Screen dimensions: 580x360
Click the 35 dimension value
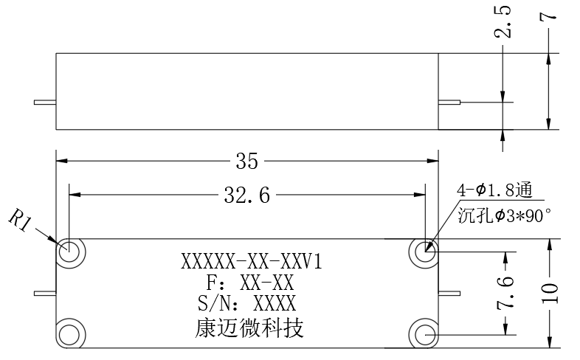point(247,161)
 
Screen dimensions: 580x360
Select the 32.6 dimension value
point(247,195)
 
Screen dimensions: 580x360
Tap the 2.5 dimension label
point(503,21)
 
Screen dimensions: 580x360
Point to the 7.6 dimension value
point(505,293)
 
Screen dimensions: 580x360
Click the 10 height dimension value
point(550,293)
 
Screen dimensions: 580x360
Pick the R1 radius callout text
point(18,221)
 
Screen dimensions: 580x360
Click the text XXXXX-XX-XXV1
point(252,262)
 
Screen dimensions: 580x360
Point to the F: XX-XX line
point(250,283)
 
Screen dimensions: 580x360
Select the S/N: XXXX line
point(247,303)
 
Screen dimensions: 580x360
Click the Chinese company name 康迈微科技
point(249,328)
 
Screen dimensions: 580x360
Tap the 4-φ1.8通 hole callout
point(495,191)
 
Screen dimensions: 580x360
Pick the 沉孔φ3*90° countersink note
point(505,215)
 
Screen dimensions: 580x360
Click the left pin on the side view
point(45,103)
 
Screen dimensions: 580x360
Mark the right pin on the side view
point(449,103)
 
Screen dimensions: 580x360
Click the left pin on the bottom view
point(45,294)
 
